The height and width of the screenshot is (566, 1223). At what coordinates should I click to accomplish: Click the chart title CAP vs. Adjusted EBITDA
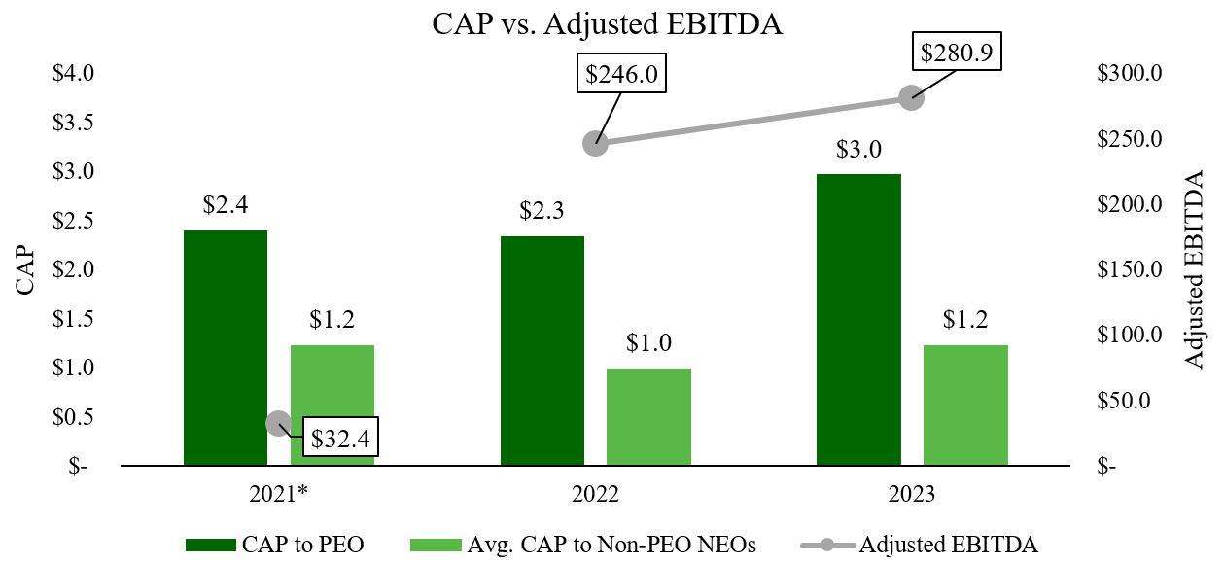pos(608,24)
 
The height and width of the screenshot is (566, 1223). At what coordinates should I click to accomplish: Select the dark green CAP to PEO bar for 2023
pos(857,321)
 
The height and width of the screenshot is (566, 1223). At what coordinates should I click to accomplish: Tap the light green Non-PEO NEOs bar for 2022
pos(648,417)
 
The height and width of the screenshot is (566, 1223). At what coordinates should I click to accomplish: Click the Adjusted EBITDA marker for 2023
pos(911,97)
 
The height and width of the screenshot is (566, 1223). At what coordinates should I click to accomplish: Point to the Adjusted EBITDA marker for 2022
pos(595,143)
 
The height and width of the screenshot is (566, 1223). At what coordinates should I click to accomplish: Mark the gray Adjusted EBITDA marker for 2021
pos(278,423)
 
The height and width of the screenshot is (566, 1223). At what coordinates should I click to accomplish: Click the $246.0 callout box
pos(622,74)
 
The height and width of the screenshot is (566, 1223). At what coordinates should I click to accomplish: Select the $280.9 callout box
pos(957,52)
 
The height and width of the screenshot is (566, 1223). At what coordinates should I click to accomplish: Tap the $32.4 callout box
pos(340,438)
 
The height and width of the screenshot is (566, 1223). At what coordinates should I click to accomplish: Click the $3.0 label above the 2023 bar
pos(857,150)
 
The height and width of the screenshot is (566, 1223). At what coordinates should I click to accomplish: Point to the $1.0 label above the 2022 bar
pos(648,343)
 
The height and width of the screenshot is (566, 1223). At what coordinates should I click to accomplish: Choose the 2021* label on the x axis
pos(278,495)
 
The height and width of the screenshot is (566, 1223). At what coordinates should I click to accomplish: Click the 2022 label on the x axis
pos(595,495)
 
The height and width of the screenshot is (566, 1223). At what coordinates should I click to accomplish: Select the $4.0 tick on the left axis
pos(73,73)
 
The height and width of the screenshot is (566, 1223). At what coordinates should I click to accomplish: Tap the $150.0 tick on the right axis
pos(1129,269)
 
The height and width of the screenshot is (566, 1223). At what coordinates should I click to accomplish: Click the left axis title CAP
pos(26,269)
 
